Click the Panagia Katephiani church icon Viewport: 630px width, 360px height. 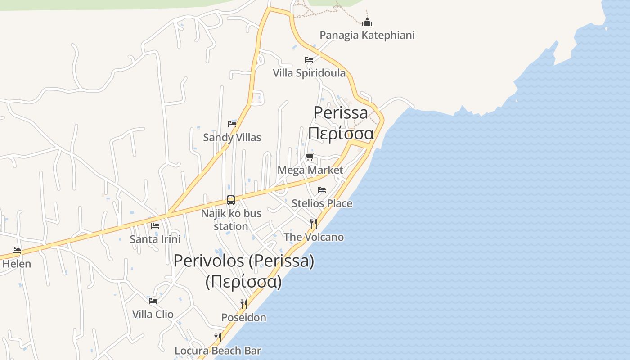tap(367, 22)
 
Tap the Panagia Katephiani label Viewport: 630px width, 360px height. tap(367, 35)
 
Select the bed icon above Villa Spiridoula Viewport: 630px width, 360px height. tap(309, 59)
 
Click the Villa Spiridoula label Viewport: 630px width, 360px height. tap(309, 73)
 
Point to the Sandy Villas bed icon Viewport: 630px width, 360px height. tap(232, 124)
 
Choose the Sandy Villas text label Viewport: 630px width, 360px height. tap(232, 137)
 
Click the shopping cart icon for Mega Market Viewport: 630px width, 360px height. tap(310, 157)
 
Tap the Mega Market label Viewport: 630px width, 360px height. tap(310, 170)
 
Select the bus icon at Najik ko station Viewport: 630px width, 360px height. tap(231, 200)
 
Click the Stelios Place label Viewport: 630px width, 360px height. tap(322, 203)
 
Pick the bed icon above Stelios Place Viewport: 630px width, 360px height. tap(322, 190)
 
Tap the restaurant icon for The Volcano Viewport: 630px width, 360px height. tap(314, 223)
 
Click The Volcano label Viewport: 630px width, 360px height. tap(314, 237)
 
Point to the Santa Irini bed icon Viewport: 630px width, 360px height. tap(155, 225)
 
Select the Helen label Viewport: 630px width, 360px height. tap(17, 264)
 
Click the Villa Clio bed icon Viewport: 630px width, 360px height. tap(153, 301)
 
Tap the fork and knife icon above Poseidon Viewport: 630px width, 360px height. tap(244, 304)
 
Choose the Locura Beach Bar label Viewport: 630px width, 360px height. tap(218, 351)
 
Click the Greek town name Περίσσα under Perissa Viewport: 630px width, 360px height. tap(341, 134)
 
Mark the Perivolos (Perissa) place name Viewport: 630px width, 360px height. tap(243, 261)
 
